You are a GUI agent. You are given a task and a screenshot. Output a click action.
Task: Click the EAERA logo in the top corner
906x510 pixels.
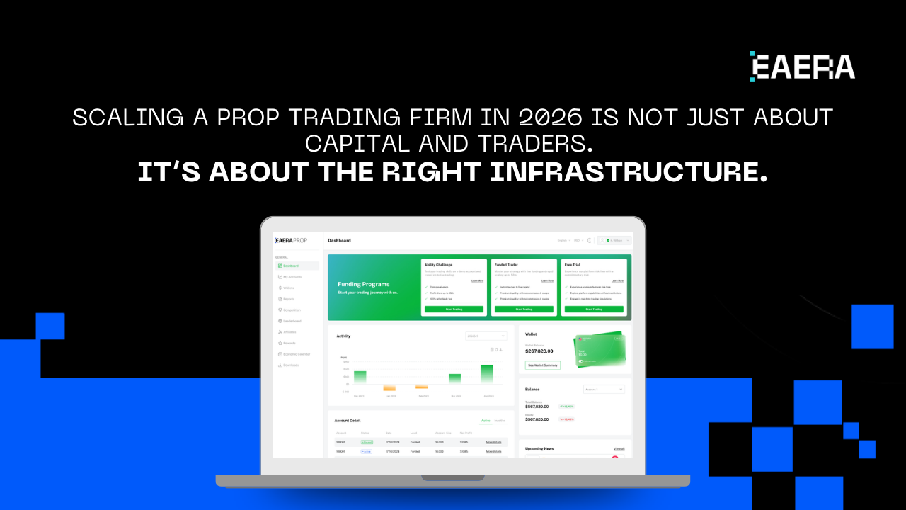click(x=803, y=67)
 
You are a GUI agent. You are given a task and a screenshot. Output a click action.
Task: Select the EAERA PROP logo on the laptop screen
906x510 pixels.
click(x=291, y=241)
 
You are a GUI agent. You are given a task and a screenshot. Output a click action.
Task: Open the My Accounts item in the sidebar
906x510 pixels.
click(x=292, y=277)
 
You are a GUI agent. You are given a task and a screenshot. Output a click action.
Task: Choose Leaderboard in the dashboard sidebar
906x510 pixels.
click(x=292, y=321)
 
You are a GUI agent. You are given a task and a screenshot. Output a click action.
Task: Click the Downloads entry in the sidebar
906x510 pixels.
click(x=291, y=365)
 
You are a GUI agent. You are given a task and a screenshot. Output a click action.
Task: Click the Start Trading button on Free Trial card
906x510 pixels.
click(x=594, y=310)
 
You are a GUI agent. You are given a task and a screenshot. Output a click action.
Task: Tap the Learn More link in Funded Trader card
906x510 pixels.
click(x=548, y=280)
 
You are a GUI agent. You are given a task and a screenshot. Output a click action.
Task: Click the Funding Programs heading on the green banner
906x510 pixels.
click(x=363, y=284)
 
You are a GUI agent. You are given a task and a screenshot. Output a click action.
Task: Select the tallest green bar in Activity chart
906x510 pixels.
click(x=486, y=374)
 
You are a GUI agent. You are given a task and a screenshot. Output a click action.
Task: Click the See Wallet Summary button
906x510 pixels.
click(x=543, y=365)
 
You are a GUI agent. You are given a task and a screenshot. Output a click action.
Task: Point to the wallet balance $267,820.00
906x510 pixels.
click(x=539, y=351)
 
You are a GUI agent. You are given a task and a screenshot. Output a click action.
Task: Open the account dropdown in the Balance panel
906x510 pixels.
click(x=604, y=389)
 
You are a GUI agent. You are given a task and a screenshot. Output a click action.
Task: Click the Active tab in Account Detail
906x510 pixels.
click(x=486, y=421)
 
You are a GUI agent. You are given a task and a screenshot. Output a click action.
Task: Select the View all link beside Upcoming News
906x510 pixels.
click(x=619, y=449)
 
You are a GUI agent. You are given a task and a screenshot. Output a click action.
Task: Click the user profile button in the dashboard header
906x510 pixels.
click(x=614, y=241)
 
